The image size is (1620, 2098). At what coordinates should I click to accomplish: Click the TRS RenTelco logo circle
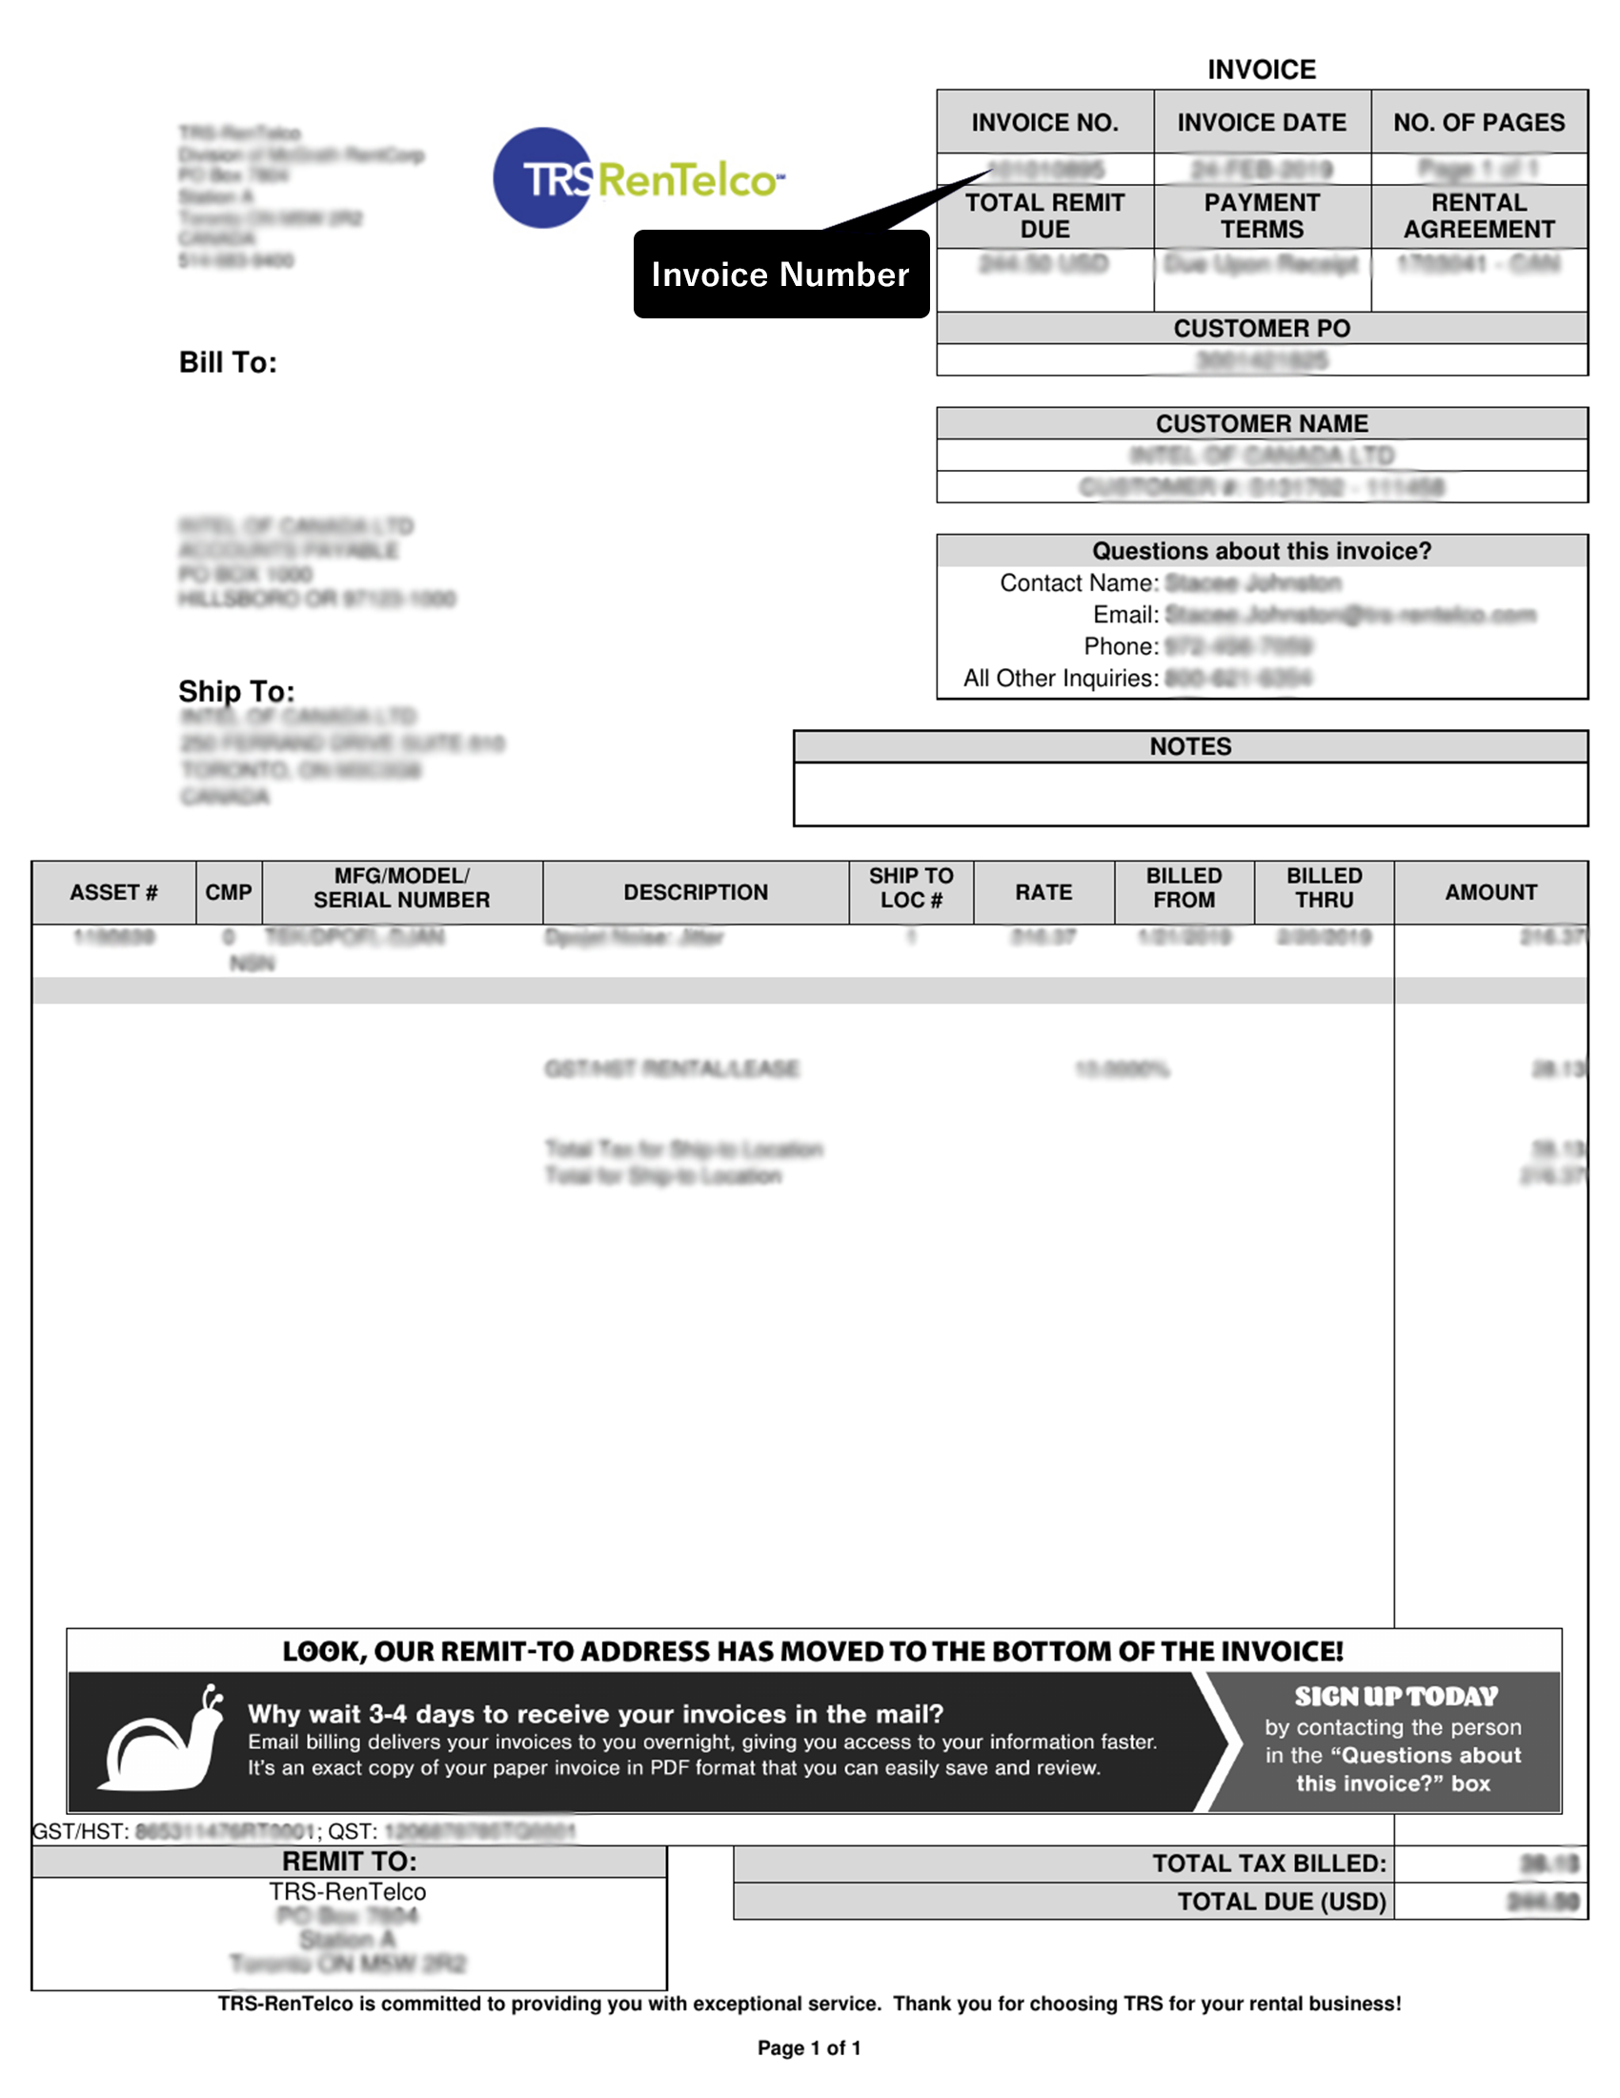(x=543, y=177)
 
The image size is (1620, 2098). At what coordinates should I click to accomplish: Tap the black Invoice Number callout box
(x=780, y=275)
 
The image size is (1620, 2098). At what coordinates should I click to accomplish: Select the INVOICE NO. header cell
(x=1044, y=123)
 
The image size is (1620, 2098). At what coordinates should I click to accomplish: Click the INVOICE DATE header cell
(x=1262, y=123)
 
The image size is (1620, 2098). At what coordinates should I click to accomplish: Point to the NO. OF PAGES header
(x=1479, y=123)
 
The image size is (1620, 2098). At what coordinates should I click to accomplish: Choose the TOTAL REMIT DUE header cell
(x=1044, y=216)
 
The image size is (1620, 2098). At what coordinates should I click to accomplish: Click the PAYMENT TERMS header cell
(x=1262, y=216)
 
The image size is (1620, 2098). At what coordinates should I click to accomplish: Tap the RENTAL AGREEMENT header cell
(x=1479, y=216)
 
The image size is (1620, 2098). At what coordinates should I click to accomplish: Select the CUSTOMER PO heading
(x=1262, y=329)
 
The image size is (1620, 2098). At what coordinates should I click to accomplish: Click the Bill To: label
(x=228, y=362)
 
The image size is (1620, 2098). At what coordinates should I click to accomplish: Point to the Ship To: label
(x=236, y=692)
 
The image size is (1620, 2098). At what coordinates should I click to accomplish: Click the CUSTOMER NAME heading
(x=1262, y=423)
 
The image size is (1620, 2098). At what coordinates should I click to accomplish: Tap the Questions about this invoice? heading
(x=1262, y=551)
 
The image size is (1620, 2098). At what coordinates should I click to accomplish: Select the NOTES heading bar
(x=1190, y=746)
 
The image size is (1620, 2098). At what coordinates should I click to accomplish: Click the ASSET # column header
(x=113, y=892)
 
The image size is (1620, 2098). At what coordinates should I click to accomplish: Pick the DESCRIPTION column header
(x=696, y=892)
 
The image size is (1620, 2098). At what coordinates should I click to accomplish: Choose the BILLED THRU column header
(x=1325, y=887)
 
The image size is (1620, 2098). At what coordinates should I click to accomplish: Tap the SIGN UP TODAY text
(x=1395, y=1697)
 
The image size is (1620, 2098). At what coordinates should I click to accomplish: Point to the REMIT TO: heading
(x=349, y=1862)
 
